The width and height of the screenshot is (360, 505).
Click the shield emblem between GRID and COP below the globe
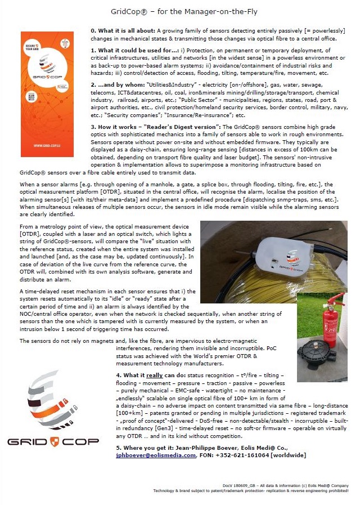click(54, 441)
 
